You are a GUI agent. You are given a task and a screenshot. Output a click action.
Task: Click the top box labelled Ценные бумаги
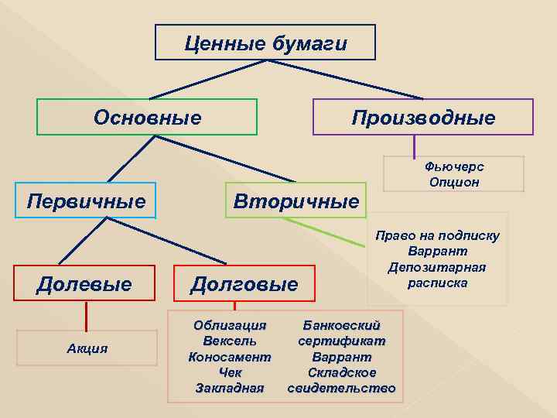point(265,43)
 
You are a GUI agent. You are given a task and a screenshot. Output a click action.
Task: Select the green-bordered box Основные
point(147,117)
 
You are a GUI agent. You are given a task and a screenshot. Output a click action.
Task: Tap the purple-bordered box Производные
point(422,118)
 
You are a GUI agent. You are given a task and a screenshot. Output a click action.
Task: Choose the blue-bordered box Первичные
point(86,201)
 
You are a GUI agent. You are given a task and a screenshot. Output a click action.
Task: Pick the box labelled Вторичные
point(296,202)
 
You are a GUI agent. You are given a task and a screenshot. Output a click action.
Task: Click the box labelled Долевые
point(84,284)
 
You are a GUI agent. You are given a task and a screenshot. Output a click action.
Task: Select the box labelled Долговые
point(244,284)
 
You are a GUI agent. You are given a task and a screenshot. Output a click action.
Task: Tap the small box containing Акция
point(87,348)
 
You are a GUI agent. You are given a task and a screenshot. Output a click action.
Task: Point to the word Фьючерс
point(454,166)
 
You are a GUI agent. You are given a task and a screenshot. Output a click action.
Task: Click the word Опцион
point(454,182)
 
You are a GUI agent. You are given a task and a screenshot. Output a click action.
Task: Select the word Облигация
point(230,325)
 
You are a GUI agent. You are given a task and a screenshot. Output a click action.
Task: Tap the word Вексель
point(230,341)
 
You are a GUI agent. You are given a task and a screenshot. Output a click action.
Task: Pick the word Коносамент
point(230,357)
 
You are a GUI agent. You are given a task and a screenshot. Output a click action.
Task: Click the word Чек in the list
point(230,372)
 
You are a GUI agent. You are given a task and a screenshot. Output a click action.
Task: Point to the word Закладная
point(230,388)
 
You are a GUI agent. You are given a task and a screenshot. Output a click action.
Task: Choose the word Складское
point(341,372)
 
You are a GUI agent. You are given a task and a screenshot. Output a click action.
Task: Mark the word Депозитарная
point(437,267)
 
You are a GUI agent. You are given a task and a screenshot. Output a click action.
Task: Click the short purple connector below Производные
point(415,146)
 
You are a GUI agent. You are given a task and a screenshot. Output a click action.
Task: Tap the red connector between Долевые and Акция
point(86,316)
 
